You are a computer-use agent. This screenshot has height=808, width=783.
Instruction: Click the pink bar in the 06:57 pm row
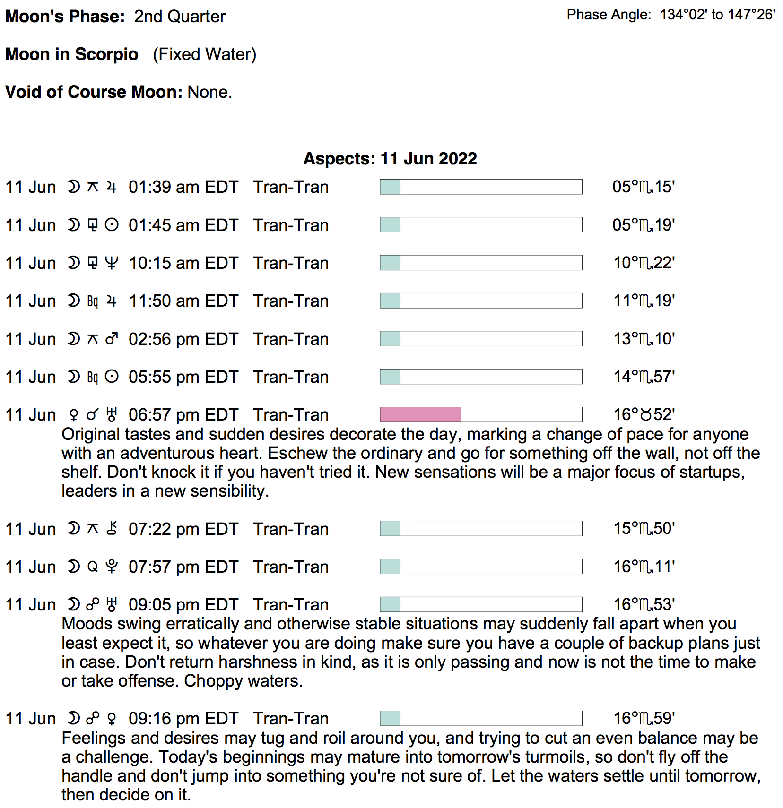click(420, 414)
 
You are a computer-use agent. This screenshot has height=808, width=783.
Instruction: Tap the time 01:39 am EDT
click(183, 187)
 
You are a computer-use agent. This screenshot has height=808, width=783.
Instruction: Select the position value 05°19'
click(643, 225)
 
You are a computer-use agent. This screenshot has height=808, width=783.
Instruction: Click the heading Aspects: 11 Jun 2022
click(390, 159)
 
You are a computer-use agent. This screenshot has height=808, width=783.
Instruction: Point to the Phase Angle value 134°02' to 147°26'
click(717, 15)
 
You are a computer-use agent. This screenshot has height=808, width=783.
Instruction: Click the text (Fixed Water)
click(204, 54)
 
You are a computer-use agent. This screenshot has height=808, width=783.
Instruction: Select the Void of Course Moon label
click(94, 92)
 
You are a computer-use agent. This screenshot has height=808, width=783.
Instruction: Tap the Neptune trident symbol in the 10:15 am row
click(112, 263)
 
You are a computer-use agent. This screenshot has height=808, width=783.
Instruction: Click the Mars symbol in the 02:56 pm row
click(112, 339)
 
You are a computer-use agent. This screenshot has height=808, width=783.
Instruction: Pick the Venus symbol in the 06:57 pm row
click(73, 415)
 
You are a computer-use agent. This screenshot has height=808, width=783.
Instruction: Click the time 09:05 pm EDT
click(183, 605)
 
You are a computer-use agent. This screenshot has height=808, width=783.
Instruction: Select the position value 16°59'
click(644, 718)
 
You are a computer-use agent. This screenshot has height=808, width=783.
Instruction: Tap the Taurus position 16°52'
click(644, 415)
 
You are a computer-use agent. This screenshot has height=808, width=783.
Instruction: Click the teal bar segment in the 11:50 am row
click(391, 301)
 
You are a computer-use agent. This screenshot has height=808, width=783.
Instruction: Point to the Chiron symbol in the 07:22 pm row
click(112, 528)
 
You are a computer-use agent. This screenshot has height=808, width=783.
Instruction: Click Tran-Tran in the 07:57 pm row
click(291, 567)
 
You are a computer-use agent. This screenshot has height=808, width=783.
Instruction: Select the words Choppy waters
click(243, 681)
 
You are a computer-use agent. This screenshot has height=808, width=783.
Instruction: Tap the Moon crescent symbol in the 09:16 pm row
click(73, 718)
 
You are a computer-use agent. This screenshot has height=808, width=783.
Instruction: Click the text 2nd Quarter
click(180, 17)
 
